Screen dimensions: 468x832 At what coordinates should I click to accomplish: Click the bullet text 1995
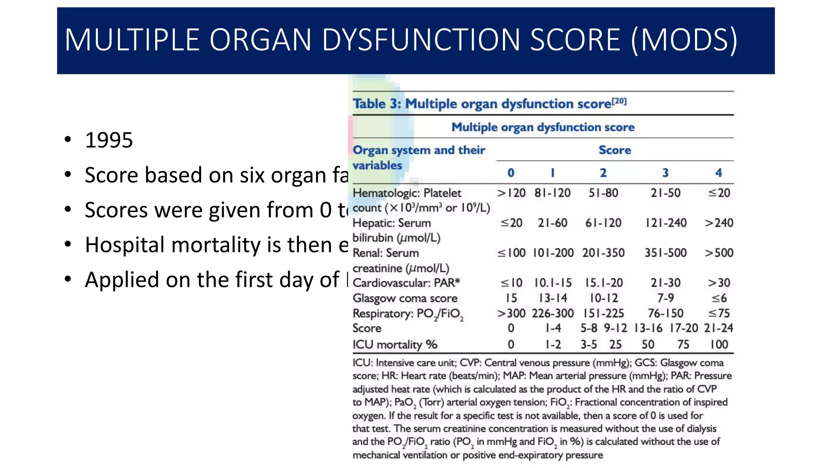(108, 140)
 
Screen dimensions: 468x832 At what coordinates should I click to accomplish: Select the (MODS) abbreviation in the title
(684, 40)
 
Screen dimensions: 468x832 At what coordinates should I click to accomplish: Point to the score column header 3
(665, 173)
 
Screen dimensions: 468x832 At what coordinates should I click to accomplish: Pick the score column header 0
(511, 173)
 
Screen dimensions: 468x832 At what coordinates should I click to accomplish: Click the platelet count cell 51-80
(603, 193)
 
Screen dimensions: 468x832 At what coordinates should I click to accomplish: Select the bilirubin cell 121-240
(666, 223)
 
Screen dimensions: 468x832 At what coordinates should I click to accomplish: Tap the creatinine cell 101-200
(553, 253)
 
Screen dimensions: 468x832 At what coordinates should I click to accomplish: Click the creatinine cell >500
(719, 253)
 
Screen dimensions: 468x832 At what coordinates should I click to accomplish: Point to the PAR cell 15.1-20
(603, 283)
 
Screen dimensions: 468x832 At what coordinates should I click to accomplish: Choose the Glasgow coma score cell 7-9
(665, 298)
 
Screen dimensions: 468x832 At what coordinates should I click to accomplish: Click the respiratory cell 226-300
(552, 313)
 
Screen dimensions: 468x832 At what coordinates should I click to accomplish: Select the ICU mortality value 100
(719, 344)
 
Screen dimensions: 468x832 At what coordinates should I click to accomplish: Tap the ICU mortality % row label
(394, 344)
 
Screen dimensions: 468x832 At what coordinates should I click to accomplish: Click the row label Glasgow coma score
(405, 298)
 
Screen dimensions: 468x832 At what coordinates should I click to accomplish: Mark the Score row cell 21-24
(718, 328)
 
